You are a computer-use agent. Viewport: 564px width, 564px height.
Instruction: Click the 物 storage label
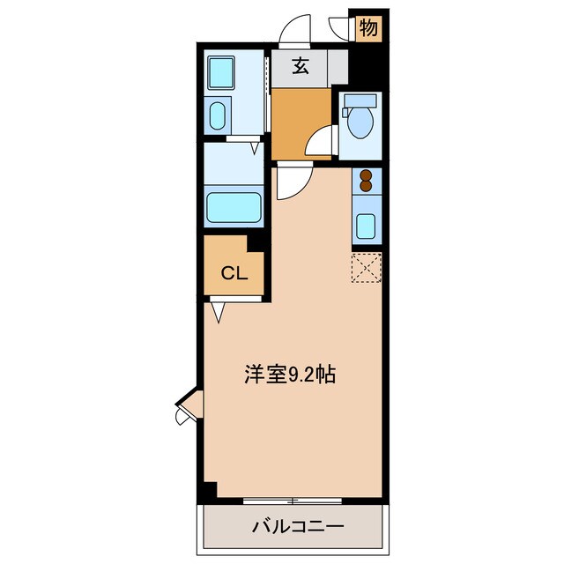368,27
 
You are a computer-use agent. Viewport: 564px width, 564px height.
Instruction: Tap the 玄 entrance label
301,67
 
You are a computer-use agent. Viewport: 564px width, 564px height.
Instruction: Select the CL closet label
233,272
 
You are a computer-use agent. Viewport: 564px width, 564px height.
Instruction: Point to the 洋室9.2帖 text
289,375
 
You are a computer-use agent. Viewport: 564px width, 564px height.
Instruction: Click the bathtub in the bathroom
234,209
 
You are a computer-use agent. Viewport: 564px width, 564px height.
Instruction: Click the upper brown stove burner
366,174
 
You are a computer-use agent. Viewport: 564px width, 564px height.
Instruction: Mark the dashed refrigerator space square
366,267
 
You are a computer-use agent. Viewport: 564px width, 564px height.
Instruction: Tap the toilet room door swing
323,141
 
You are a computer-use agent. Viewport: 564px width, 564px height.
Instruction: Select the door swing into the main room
290,181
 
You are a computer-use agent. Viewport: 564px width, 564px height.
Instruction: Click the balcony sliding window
292,501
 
